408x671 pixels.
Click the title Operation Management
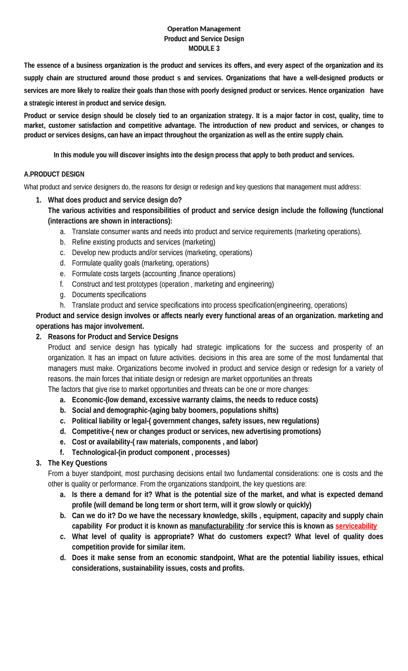click(x=204, y=29)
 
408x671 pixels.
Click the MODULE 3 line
click(x=204, y=49)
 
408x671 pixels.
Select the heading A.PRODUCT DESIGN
click(x=54, y=174)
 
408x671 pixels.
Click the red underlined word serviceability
click(x=356, y=526)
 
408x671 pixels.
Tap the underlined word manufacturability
click(x=216, y=526)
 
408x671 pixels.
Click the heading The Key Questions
click(x=77, y=463)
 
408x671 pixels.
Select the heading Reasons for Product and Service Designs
click(x=113, y=337)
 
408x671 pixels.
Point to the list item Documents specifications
click(x=109, y=294)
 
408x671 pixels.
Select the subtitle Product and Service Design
click(x=204, y=39)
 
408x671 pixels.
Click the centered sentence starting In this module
click(x=204, y=155)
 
